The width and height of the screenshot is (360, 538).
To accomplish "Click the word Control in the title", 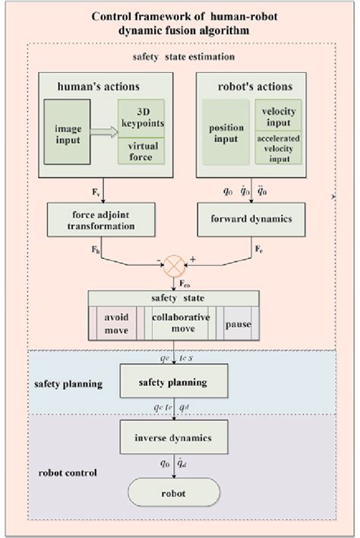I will click(x=112, y=14).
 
